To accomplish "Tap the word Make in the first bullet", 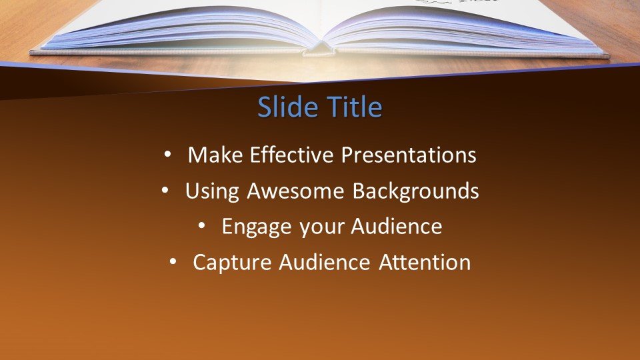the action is pos(215,155).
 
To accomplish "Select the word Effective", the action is pos(291,155).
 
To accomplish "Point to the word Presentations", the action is pos(409,155).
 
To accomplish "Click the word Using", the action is pos(212,191).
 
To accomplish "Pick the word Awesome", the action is pos(295,191).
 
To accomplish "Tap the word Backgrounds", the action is pos(415,191).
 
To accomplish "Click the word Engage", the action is pos(257,227).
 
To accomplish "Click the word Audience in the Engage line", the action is pos(396,226).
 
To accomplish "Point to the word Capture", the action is pos(232,263).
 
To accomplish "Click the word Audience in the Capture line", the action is pos(325,261).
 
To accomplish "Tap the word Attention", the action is pos(425,262).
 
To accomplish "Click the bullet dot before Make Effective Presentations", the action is pos(167,154).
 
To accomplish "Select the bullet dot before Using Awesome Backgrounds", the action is pos(165,190).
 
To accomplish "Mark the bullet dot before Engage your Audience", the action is pos(201,225).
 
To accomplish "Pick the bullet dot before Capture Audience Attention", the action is pos(173,261).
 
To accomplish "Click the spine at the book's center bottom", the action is pos(319,49).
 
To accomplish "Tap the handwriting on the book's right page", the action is pos(457,1).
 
